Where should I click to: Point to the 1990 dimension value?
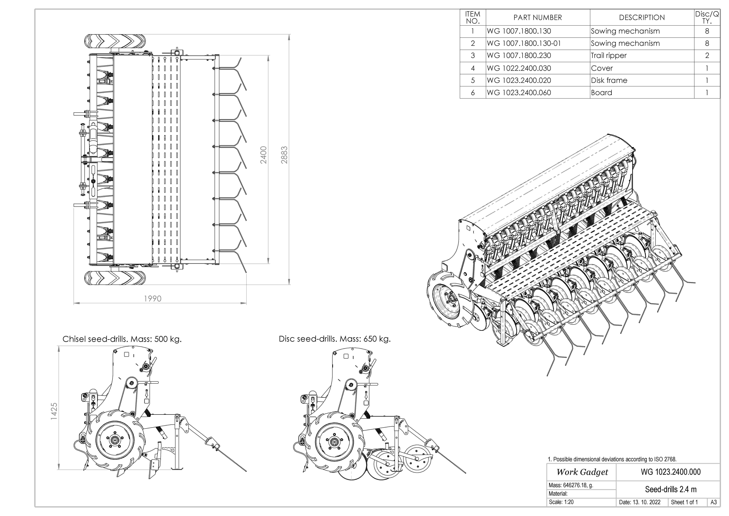coord(153,299)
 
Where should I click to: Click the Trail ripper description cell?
coord(609,56)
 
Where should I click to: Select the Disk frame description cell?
coord(609,80)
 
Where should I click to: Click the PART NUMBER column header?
coord(538,17)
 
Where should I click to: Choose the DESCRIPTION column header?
coord(642,17)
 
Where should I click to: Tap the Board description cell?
coord(601,93)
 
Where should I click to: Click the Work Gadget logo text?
coord(582,472)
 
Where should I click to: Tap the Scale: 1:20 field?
coord(561,502)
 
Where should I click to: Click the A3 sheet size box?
coord(713,502)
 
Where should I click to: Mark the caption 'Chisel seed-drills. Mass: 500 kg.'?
coord(122,339)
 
